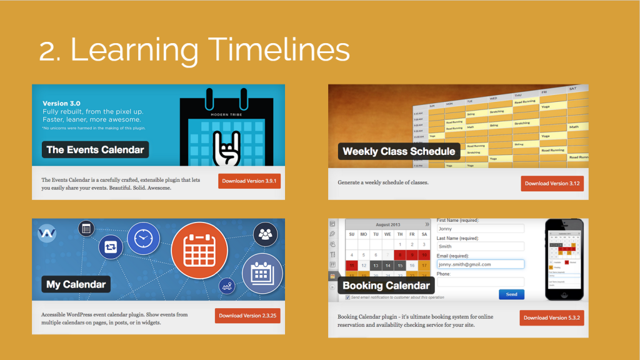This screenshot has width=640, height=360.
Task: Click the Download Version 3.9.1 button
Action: pyautogui.click(x=249, y=181)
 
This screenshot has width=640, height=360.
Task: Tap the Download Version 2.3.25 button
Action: pyautogui.click(x=247, y=316)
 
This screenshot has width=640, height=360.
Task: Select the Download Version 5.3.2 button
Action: pyautogui.click(x=552, y=317)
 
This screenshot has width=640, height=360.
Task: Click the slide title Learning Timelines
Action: pyautogui.click(x=194, y=49)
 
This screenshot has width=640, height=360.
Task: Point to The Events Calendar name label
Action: pyautogui.click(x=95, y=149)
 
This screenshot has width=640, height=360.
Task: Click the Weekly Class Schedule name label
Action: pyautogui.click(x=399, y=151)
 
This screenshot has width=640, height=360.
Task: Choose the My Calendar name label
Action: pyautogui.click(x=76, y=284)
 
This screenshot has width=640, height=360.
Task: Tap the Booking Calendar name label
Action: pyautogui.click(x=386, y=286)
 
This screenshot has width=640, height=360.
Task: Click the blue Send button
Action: pyautogui.click(x=511, y=294)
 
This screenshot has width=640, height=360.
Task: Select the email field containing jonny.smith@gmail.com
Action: pyautogui.click(x=480, y=264)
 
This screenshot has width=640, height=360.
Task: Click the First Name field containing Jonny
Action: pyautogui.click(x=480, y=229)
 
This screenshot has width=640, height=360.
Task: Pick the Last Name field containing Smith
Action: pyautogui.click(x=480, y=246)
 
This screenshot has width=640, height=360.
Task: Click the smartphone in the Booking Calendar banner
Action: pyautogui.click(x=564, y=259)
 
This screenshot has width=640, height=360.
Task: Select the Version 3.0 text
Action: pyautogui.click(x=61, y=104)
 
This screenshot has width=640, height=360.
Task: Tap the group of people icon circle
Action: pyautogui.click(x=266, y=235)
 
